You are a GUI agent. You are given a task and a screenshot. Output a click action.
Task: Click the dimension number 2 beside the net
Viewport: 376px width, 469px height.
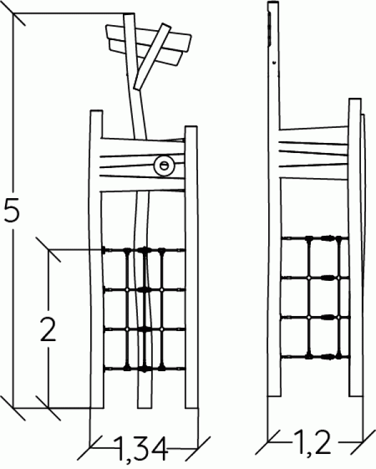[48, 329]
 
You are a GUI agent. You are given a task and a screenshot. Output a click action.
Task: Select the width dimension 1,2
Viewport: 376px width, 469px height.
[312, 442]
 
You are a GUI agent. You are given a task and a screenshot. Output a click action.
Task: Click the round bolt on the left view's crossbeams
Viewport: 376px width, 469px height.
[164, 166]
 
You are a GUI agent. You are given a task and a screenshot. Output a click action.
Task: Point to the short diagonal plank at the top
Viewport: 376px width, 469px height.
[152, 56]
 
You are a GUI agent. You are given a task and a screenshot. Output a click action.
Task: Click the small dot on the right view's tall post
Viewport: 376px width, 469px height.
[274, 63]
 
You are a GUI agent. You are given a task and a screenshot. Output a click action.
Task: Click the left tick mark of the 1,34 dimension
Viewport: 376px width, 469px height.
[90, 448]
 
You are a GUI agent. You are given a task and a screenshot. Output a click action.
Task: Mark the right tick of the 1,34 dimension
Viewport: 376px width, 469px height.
[197, 448]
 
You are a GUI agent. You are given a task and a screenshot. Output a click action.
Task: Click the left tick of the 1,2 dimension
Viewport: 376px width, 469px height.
[268, 441]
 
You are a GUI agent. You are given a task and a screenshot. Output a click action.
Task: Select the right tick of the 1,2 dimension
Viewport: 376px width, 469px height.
[363, 441]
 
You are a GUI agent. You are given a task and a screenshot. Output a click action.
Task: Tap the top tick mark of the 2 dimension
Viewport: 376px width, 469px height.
[48, 249]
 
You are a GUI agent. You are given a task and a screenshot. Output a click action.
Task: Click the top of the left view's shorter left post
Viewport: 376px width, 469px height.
[97, 111]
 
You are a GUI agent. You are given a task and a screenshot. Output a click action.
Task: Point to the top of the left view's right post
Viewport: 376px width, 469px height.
[191, 127]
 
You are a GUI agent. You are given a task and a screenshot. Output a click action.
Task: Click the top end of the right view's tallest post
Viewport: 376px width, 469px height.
[273, 3]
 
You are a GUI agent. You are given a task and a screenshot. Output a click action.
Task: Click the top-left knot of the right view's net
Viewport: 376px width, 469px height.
[309, 238]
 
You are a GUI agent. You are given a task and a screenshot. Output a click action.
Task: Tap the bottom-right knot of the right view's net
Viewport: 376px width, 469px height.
[338, 356]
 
